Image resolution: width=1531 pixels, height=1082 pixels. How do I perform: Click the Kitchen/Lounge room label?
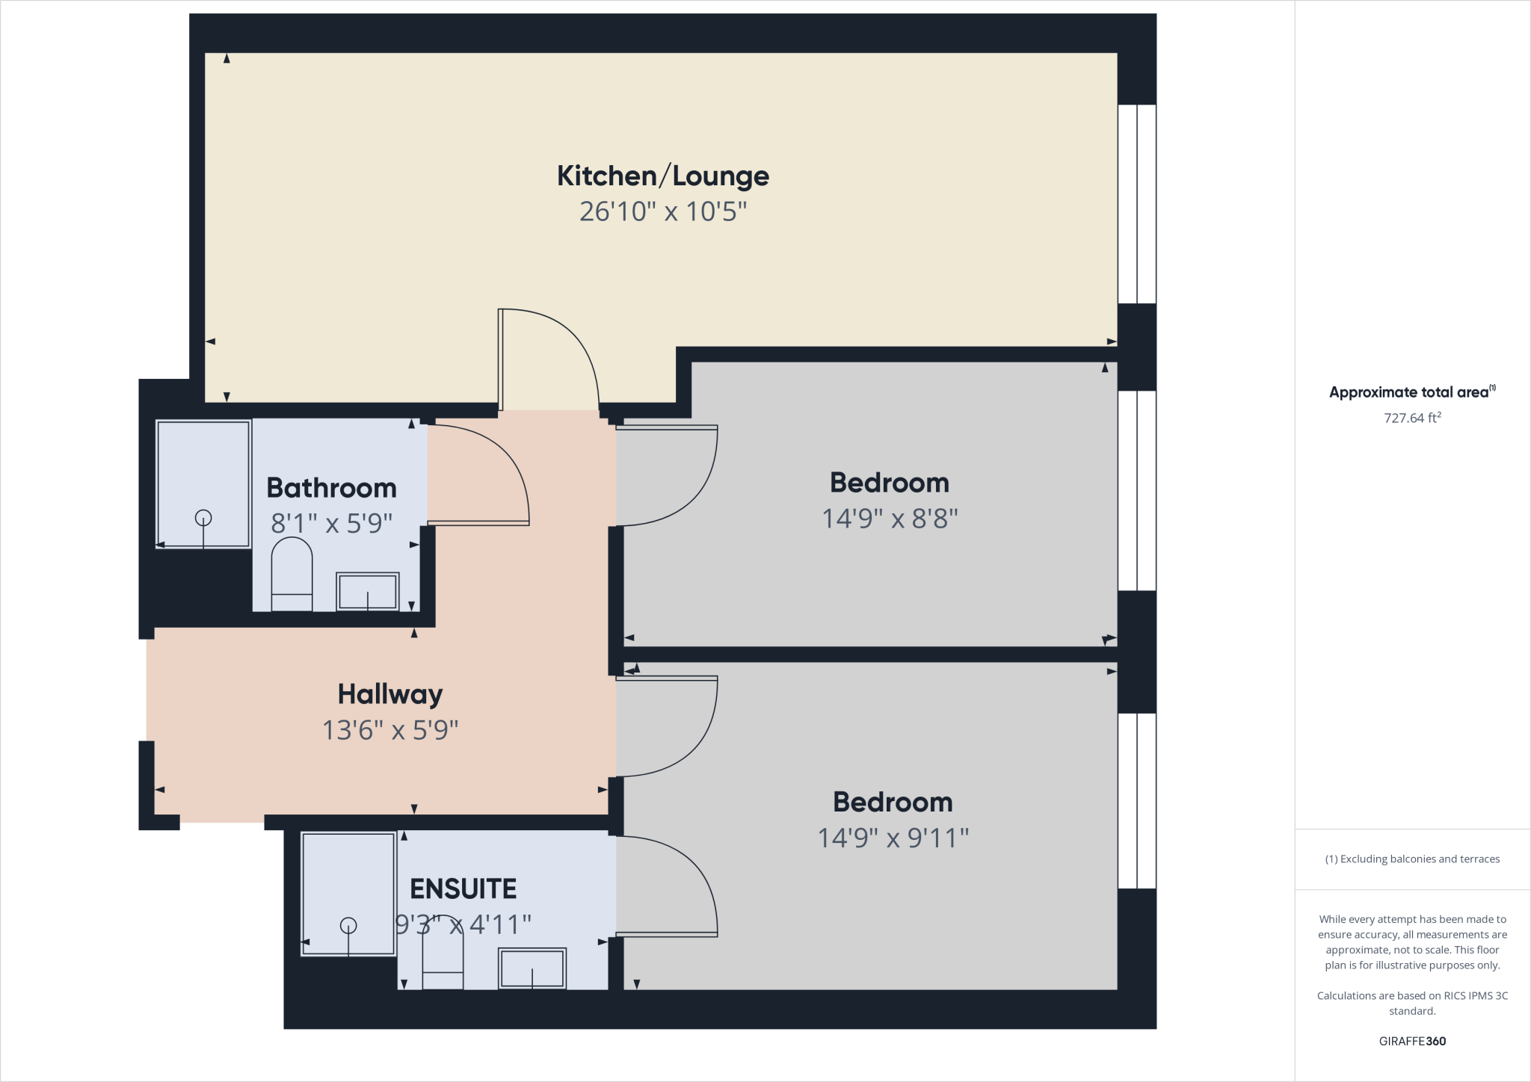[x=662, y=176]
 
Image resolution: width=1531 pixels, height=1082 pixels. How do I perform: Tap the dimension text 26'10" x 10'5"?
[x=662, y=211]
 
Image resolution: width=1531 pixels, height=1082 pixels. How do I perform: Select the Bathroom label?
[x=331, y=488]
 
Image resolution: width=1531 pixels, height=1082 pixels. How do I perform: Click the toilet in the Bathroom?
[x=291, y=573]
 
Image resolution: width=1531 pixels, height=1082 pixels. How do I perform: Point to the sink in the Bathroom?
[x=367, y=591]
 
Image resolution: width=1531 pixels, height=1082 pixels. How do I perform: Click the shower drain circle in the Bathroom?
[x=203, y=517]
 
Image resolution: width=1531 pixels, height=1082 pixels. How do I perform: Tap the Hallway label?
[x=389, y=694]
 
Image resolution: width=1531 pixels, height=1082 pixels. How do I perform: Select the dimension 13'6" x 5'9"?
[x=389, y=729]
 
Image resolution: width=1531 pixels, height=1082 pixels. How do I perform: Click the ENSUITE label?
[x=463, y=888]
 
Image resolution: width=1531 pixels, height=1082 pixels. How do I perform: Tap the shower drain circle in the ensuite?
[x=348, y=925]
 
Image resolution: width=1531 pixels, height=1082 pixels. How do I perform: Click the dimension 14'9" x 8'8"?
[x=889, y=518]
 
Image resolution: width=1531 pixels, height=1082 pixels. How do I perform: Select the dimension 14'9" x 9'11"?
[x=893, y=838]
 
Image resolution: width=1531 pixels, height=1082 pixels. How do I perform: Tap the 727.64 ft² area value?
[x=1411, y=418]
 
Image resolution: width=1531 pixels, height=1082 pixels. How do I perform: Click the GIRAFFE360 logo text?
[x=1411, y=1041]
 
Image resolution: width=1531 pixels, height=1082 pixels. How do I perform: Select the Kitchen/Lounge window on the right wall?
[x=1137, y=203]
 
